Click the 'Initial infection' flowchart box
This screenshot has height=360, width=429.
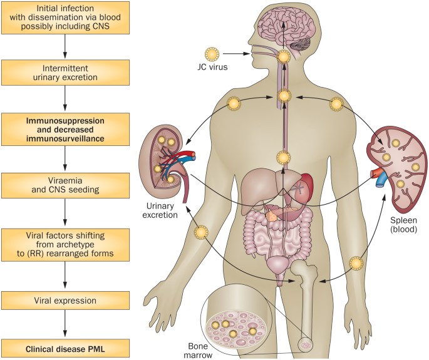point(65,18)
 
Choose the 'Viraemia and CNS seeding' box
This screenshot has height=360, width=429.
point(65,183)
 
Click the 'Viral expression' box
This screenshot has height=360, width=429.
point(65,301)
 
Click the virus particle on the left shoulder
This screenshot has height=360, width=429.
point(234,103)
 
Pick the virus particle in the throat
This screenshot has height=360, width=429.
point(284,57)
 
